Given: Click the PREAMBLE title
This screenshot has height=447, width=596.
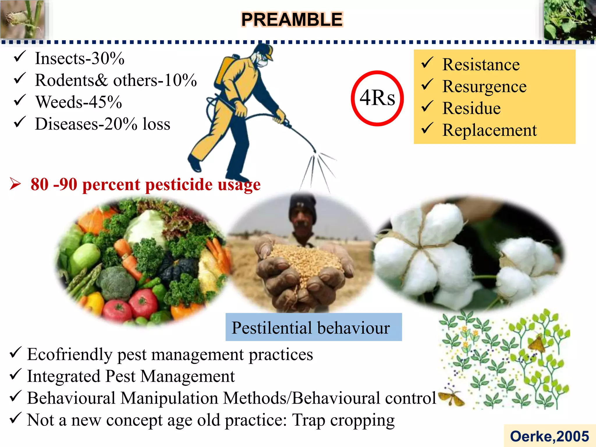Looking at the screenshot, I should [292, 20].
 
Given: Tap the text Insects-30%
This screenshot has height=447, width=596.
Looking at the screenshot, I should [79, 58].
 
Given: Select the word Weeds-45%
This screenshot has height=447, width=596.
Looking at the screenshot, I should [79, 102].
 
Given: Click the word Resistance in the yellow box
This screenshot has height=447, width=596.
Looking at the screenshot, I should [481, 65].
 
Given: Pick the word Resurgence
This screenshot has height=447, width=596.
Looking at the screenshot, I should [484, 86].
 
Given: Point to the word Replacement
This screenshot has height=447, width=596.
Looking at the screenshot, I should [489, 130].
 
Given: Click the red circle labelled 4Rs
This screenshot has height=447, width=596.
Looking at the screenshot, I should [377, 98].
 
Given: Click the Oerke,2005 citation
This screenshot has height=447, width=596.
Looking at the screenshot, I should [549, 436].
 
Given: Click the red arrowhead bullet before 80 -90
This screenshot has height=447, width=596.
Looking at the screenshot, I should [15, 184].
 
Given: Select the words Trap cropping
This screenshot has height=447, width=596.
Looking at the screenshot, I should [343, 420].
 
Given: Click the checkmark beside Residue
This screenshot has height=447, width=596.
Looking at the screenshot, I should [427, 107].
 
